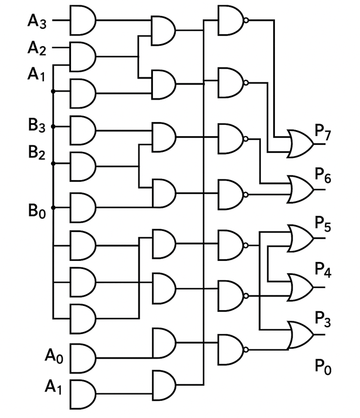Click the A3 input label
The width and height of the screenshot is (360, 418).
[36, 22]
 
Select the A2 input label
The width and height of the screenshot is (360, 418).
[36, 49]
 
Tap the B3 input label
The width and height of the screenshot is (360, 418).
[36, 124]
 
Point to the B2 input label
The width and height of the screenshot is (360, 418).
[36, 154]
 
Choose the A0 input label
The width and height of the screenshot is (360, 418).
[53, 355]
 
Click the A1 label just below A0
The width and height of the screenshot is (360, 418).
[53, 387]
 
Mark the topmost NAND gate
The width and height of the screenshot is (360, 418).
[230, 20]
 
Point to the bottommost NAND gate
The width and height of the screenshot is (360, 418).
[230, 348]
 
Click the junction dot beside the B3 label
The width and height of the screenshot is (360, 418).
[53, 125]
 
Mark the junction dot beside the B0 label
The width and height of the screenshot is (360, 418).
[53, 208]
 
